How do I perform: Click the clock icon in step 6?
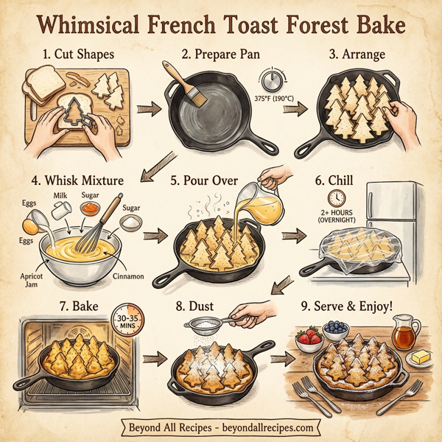pyautogui.click(x=337, y=197)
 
